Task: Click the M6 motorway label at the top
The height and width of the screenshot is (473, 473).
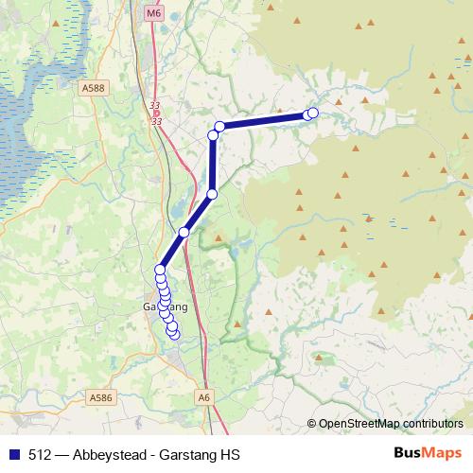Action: pyautogui.click(x=154, y=13)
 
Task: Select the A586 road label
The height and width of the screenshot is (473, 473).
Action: pyautogui.click(x=98, y=399)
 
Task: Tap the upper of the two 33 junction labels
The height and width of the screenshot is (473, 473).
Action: pyautogui.click(x=155, y=106)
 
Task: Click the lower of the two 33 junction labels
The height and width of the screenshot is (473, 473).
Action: pyautogui.click(x=155, y=121)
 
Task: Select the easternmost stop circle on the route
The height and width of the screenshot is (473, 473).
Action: pyautogui.click(x=313, y=114)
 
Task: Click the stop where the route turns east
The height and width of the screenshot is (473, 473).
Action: pyautogui.click(x=219, y=127)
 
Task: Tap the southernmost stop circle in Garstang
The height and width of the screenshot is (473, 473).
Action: pyautogui.click(x=173, y=334)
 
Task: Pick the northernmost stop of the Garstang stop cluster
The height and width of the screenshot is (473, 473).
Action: pyautogui.click(x=160, y=271)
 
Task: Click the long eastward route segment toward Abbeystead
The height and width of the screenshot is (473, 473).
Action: pyautogui.click(x=264, y=120)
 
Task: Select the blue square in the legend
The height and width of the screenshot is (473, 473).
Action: pyautogui.click(x=14, y=455)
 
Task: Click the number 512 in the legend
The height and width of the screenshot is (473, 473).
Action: pyautogui.click(x=41, y=455)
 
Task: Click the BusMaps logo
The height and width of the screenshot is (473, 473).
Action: pyautogui.click(x=429, y=454)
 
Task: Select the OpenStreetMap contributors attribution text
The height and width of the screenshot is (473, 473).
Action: pyautogui.click(x=391, y=424)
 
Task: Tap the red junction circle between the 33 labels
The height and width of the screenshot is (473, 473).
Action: pyautogui.click(x=155, y=114)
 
